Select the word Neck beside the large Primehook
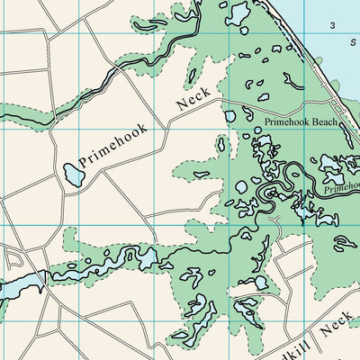point(193,99)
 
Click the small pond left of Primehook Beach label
point(229,116)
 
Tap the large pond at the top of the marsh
point(238,13)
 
